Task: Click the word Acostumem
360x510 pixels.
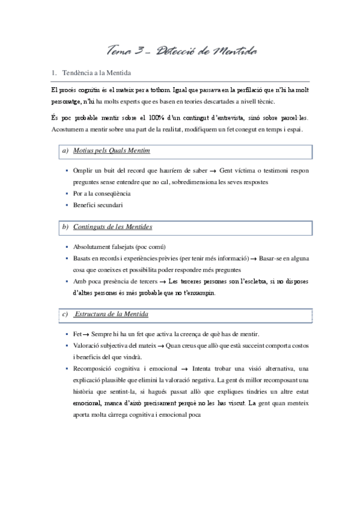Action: pos(68,129)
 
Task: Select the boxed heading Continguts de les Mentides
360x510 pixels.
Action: pos(112,227)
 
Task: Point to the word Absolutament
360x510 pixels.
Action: pos(96,247)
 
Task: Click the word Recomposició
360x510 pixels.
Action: pos(96,368)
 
